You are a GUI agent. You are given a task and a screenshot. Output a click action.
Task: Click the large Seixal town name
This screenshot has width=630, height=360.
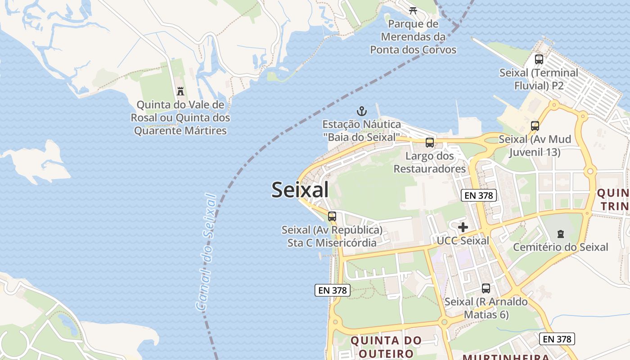300,190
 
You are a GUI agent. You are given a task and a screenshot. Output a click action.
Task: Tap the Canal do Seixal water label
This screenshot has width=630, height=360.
206,252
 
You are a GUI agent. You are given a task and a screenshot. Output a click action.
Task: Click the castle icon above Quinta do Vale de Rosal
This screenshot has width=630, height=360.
180,91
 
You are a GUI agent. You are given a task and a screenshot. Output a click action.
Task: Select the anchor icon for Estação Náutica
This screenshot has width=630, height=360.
361,111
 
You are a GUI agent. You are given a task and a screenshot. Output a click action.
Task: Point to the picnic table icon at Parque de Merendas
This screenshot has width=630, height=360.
413,9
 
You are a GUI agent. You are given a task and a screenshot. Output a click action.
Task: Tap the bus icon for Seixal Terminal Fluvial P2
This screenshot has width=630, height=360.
539,59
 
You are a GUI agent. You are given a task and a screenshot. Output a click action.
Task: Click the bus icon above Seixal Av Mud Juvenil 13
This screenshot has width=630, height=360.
535,126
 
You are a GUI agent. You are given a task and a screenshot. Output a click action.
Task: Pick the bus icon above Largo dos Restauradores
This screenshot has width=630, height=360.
430,143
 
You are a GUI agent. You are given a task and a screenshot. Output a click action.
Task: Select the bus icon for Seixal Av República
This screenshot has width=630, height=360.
332,216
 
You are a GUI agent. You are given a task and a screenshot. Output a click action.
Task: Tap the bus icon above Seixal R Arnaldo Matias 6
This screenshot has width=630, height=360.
486,288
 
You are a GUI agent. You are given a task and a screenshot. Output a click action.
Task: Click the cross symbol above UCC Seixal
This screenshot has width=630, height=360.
463,227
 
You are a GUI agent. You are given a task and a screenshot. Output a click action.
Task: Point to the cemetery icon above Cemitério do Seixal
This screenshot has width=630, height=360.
561,234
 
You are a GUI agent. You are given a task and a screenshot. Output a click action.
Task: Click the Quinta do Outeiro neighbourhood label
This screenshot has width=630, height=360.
386,346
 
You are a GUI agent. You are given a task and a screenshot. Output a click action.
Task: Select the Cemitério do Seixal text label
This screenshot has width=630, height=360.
561,247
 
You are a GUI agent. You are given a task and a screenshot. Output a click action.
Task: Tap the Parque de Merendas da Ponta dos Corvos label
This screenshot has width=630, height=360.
413,36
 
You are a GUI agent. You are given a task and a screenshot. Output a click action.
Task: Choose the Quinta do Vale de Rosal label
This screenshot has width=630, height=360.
180,117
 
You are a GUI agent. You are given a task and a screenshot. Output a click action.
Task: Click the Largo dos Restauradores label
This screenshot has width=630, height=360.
430,162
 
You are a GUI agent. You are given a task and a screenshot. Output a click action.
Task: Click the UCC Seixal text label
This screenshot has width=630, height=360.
463,241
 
